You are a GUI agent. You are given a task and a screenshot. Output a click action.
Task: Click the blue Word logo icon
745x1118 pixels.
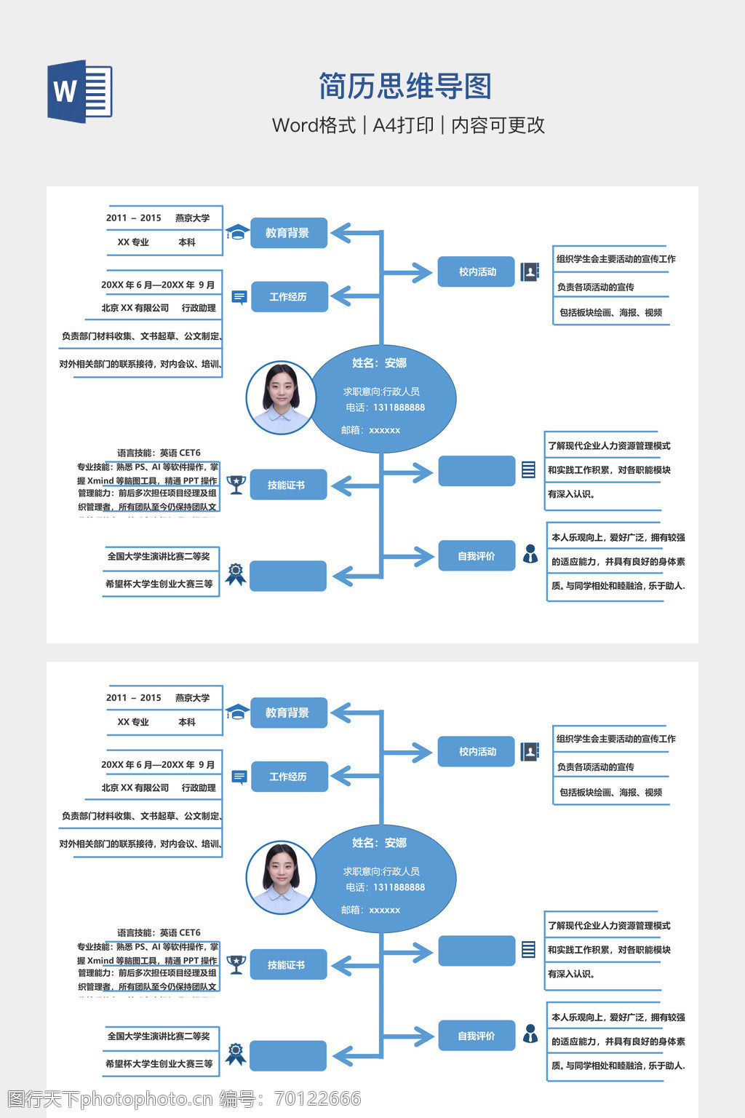[79, 91]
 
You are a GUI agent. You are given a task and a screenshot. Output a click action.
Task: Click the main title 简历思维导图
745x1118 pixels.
[405, 87]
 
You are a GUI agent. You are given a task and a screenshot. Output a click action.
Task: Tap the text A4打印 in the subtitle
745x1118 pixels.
[403, 125]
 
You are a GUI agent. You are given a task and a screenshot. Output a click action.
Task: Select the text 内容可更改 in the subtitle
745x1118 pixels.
[498, 125]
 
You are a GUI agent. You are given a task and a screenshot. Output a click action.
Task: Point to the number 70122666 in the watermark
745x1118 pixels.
[318, 1098]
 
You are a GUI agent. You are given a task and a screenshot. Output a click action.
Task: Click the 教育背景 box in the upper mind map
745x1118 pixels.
[288, 233]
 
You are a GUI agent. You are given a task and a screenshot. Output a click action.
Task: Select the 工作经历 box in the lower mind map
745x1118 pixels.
[289, 777]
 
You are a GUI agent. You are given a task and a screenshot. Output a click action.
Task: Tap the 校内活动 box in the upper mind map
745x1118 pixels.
[477, 271]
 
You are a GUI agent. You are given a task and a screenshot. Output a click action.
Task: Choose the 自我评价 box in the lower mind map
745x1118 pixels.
[477, 1036]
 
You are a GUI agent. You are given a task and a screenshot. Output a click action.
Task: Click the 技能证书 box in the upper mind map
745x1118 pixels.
[287, 485]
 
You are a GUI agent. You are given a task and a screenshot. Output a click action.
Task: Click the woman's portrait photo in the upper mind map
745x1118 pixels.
[281, 397]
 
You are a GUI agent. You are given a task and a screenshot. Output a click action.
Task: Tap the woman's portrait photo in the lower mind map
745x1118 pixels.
[281, 877]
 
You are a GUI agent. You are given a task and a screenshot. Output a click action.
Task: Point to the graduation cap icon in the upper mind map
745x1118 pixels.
[236, 232]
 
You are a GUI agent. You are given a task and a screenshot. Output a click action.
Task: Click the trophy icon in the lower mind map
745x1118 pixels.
[236, 964]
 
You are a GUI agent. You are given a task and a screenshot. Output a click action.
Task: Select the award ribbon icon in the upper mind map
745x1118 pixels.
[235, 574]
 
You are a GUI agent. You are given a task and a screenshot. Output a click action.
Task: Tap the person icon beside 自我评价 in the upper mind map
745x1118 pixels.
[530, 555]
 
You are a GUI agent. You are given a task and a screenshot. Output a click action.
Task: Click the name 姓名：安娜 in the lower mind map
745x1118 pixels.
[379, 843]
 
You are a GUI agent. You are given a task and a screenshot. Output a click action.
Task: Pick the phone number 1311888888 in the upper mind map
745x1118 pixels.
[399, 408]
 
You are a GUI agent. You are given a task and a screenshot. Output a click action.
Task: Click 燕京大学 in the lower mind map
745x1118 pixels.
[192, 698]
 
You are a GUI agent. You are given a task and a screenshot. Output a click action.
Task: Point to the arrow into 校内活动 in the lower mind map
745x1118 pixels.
[411, 752]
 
